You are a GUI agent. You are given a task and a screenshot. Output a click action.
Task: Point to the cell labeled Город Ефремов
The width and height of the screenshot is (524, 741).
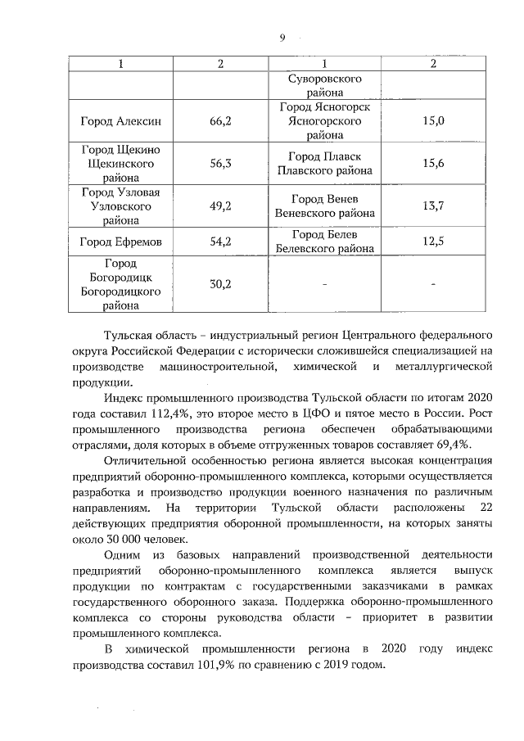coord(120,242)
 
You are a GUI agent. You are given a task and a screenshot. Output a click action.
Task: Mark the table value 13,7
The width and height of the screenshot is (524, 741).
coord(433,206)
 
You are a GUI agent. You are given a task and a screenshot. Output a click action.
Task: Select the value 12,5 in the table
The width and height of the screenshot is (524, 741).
coord(433,242)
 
